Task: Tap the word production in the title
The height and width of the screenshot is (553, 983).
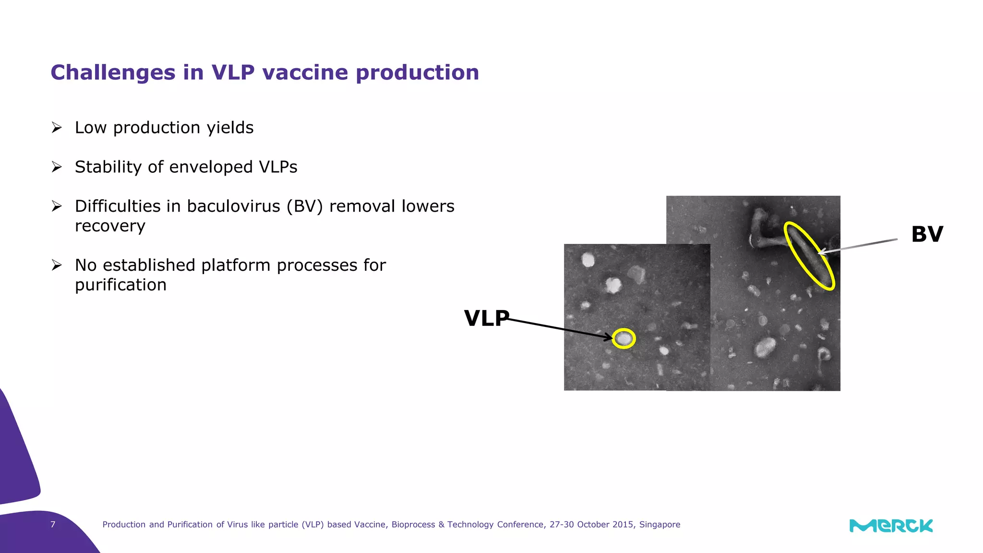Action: click(x=417, y=73)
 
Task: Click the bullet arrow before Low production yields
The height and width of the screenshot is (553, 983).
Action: click(x=57, y=128)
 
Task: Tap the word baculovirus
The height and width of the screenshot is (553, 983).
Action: click(x=233, y=206)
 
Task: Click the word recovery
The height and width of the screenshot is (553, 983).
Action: click(x=110, y=226)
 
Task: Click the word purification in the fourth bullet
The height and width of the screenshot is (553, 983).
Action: click(x=120, y=285)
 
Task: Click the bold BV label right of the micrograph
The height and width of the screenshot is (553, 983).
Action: click(x=927, y=234)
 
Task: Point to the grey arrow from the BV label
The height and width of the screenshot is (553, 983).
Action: click(x=859, y=245)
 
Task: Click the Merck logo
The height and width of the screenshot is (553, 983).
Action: click(x=891, y=526)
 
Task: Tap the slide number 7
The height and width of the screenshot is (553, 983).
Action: click(x=53, y=524)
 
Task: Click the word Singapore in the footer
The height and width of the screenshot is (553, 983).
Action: click(x=659, y=525)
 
